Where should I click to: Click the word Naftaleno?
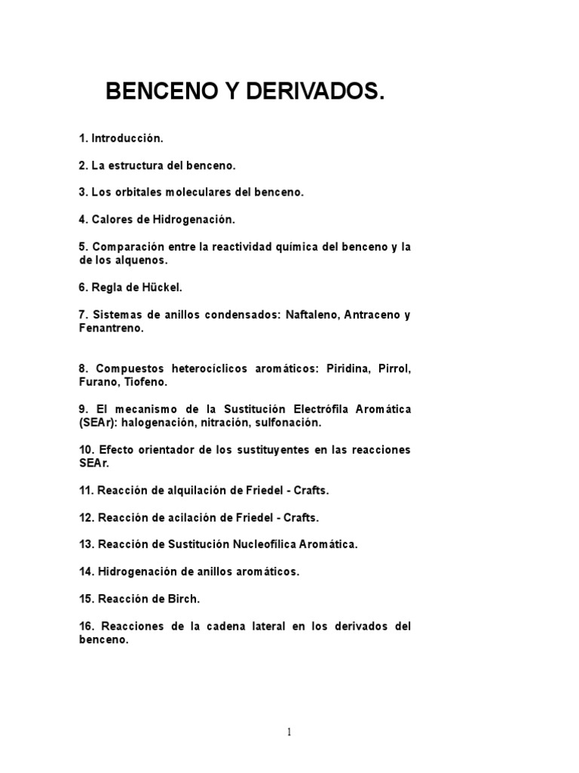tap(311, 315)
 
